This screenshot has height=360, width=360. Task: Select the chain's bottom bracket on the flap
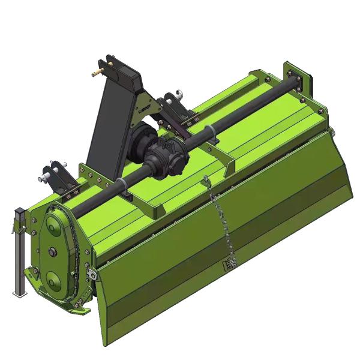(230, 265)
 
